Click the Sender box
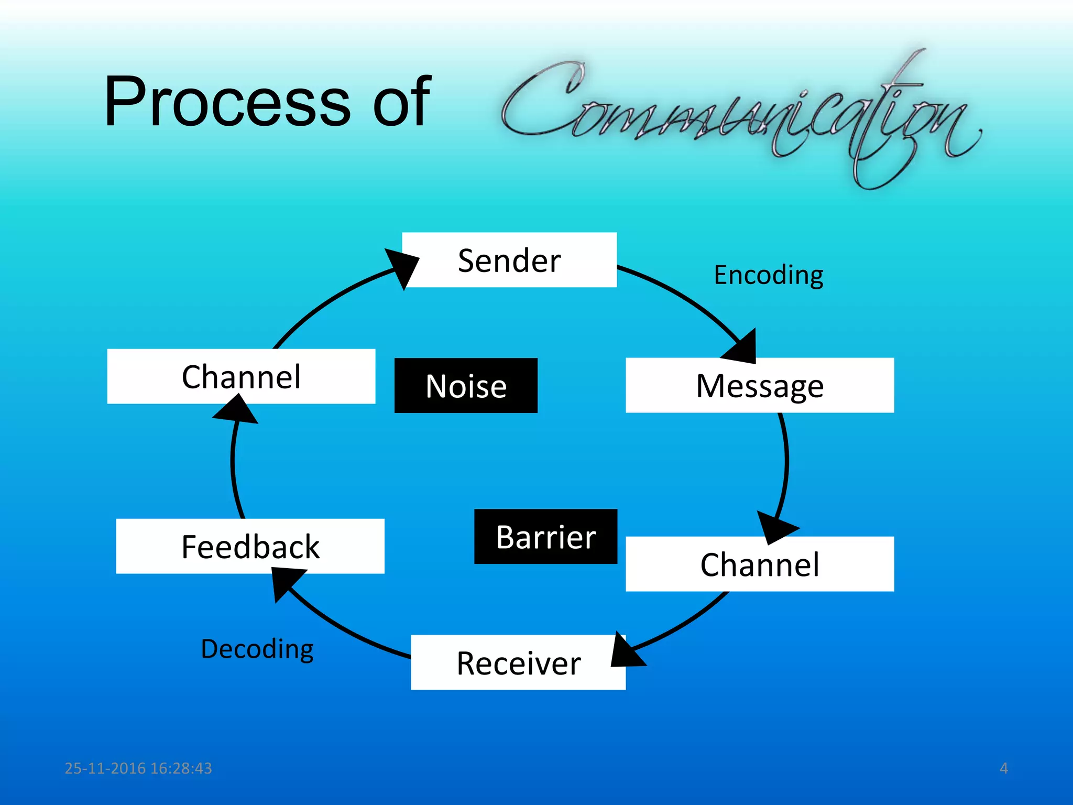(509, 260)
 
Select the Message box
(760, 386)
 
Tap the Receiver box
(518, 662)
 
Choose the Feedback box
(250, 546)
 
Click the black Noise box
(466, 386)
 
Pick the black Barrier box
(545, 537)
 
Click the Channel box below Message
(760, 564)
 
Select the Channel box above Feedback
(241, 376)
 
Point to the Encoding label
(768, 275)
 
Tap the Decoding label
(257, 649)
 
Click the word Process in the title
(226, 102)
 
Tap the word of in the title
(401, 102)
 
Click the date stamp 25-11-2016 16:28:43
(138, 768)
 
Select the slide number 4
(1003, 768)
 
